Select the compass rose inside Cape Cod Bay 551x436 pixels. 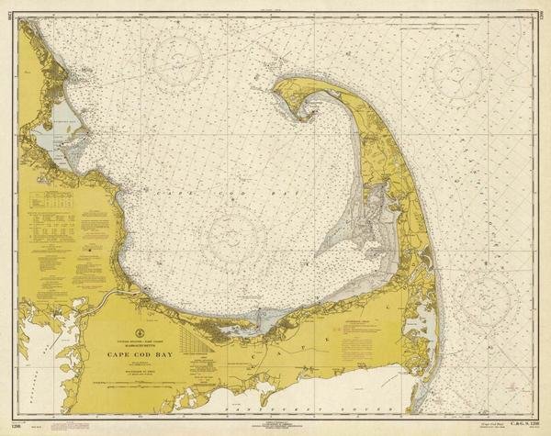235,235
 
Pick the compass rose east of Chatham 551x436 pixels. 486,298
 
